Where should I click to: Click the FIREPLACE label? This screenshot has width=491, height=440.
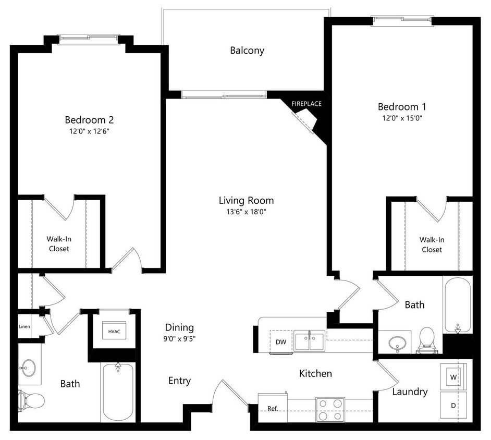coord(306,104)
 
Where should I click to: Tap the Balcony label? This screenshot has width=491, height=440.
coord(247,51)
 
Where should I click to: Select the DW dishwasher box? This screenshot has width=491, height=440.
coord(281,342)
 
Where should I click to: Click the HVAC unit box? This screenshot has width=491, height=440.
coord(114,331)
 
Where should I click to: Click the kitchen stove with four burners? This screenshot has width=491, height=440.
coord(330,409)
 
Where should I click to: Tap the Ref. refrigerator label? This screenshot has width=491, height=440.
coord(272,408)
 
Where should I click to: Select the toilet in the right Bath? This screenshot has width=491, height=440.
coord(427,341)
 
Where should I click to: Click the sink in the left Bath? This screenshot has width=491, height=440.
coord(28,368)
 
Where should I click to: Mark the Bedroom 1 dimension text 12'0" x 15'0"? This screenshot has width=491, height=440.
coord(401,118)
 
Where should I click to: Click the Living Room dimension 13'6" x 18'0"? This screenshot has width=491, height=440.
coord(246,212)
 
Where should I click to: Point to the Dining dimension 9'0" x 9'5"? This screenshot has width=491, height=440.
coord(179,338)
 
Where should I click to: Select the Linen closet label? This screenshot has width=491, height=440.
coord(24,327)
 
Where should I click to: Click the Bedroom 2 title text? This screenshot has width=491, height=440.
coord(89,119)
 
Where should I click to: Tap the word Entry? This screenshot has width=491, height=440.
coord(179,381)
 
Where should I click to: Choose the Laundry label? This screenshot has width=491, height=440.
coord(410,392)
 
